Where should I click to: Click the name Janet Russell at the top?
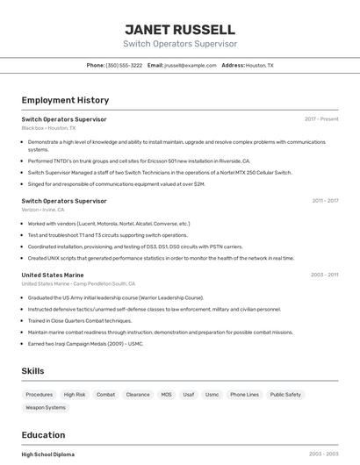[180, 29]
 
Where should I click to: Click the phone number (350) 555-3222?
[124, 65]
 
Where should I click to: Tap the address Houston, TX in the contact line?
[259, 65]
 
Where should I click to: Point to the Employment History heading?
[65, 100]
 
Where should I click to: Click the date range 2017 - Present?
[321, 118]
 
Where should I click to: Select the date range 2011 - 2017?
[325, 201]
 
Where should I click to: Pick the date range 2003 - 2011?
[324, 275]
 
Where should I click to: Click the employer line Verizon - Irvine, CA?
[45, 211]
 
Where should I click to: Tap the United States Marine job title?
[53, 275]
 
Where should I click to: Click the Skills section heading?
[32, 371]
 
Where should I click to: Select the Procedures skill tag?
[40, 395]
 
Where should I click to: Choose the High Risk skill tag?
[75, 395]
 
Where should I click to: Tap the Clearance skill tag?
[138, 395]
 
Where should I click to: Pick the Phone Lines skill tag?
[244, 395]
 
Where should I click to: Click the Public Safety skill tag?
[285, 395]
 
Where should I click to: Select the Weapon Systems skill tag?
[46, 407]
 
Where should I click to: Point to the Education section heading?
[43, 434]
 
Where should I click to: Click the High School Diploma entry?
[48, 454]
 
